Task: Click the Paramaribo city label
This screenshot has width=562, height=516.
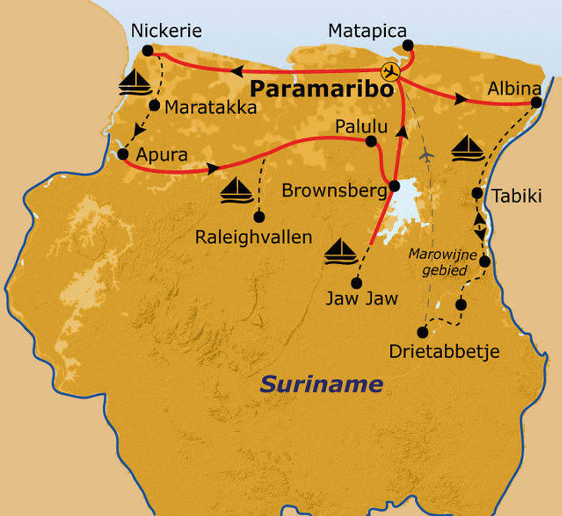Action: pyautogui.click(x=322, y=90)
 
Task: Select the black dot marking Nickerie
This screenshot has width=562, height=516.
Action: pyautogui.click(x=147, y=50)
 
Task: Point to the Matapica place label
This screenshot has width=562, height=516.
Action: pyautogui.click(x=367, y=31)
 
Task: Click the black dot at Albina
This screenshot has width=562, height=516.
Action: pyautogui.click(x=536, y=102)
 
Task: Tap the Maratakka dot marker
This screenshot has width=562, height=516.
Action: pyautogui.click(x=155, y=106)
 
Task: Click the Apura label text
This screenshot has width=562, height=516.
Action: pyautogui.click(x=161, y=155)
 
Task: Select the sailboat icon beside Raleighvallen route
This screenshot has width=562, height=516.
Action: pyautogui.click(x=237, y=190)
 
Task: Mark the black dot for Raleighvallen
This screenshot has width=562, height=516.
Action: pyautogui.click(x=259, y=217)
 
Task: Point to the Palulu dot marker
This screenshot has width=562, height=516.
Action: pyautogui.click(x=371, y=141)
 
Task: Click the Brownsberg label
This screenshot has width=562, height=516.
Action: pyautogui.click(x=334, y=190)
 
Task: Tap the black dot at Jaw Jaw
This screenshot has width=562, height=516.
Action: pyautogui.click(x=357, y=283)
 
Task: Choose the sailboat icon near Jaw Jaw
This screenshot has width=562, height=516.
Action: pyautogui.click(x=341, y=252)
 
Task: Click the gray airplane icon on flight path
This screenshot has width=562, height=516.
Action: pyautogui.click(x=426, y=155)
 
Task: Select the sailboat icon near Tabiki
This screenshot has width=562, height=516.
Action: pyautogui.click(x=468, y=149)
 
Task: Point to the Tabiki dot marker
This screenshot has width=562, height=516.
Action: pyautogui.click(x=477, y=193)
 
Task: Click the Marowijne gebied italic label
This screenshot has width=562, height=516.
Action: pyautogui.click(x=442, y=262)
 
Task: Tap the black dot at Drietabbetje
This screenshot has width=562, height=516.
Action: pyautogui.click(x=422, y=332)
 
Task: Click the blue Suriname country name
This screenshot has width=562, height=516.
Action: pyautogui.click(x=321, y=384)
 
